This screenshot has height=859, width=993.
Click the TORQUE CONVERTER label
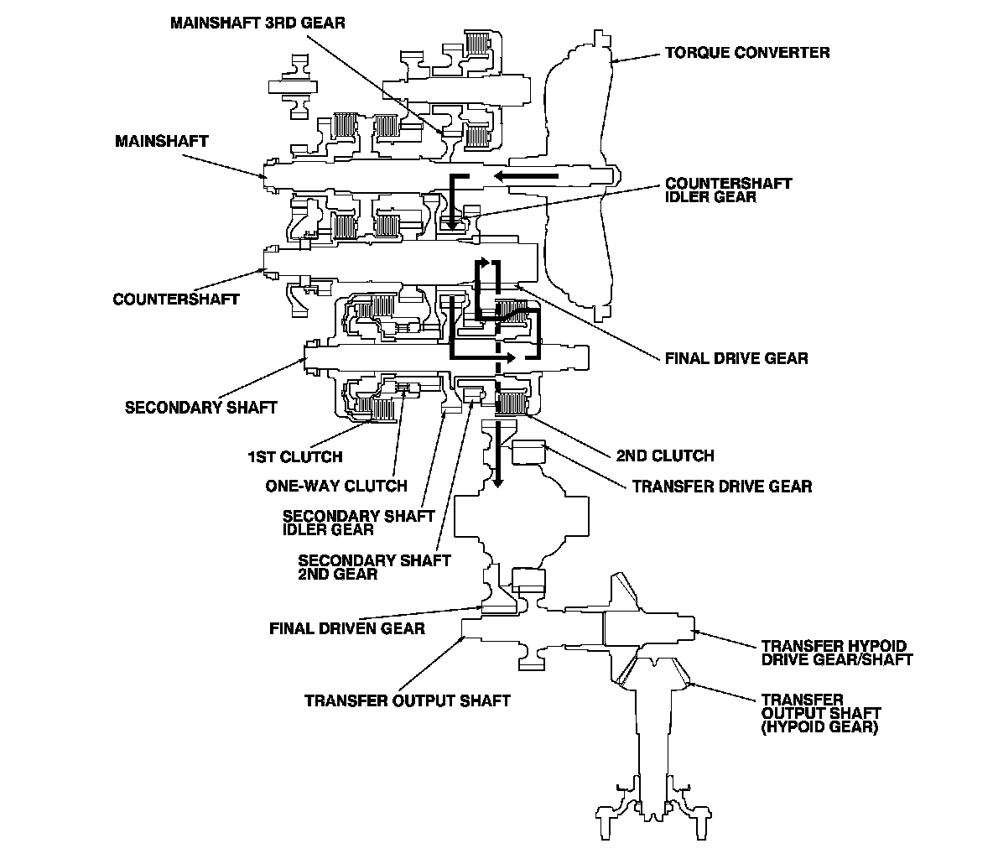click(x=747, y=53)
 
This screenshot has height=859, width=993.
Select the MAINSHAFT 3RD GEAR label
click(x=257, y=23)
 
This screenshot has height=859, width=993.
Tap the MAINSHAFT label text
click(x=162, y=141)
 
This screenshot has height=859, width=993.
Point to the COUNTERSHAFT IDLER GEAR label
click(x=728, y=190)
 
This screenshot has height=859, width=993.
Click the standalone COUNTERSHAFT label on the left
click(x=176, y=299)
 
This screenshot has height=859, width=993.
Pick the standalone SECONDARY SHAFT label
click(x=201, y=408)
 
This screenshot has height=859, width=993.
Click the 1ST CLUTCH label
click(x=294, y=457)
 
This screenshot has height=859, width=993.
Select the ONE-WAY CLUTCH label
click(x=336, y=486)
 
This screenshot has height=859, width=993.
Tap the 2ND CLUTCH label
click(x=665, y=456)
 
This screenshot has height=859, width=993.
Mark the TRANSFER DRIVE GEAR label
click(x=721, y=487)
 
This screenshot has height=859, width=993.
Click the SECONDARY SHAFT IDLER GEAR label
click(x=359, y=523)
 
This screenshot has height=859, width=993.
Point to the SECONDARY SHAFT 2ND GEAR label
click(x=374, y=567)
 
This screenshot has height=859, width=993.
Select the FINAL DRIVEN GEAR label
click(x=347, y=627)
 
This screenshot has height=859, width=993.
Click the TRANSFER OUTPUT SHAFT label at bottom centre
click(x=408, y=700)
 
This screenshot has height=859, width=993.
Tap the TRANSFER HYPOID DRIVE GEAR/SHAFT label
click(x=836, y=653)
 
